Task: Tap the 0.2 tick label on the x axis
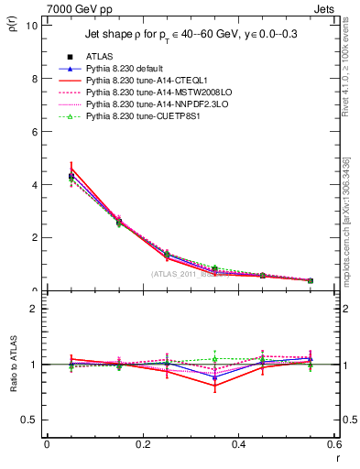(x=142, y=444)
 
